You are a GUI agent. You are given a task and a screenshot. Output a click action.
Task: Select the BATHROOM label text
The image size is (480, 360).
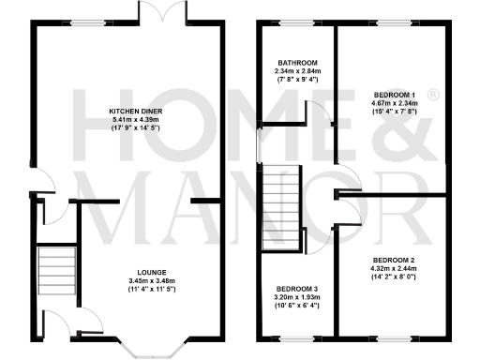(297, 62)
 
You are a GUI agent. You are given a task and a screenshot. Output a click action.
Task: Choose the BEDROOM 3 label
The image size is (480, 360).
(297, 289)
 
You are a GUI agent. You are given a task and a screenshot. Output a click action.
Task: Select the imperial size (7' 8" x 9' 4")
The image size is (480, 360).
(297, 81)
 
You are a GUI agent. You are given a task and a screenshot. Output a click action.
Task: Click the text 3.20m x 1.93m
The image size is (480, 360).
(297, 298)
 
